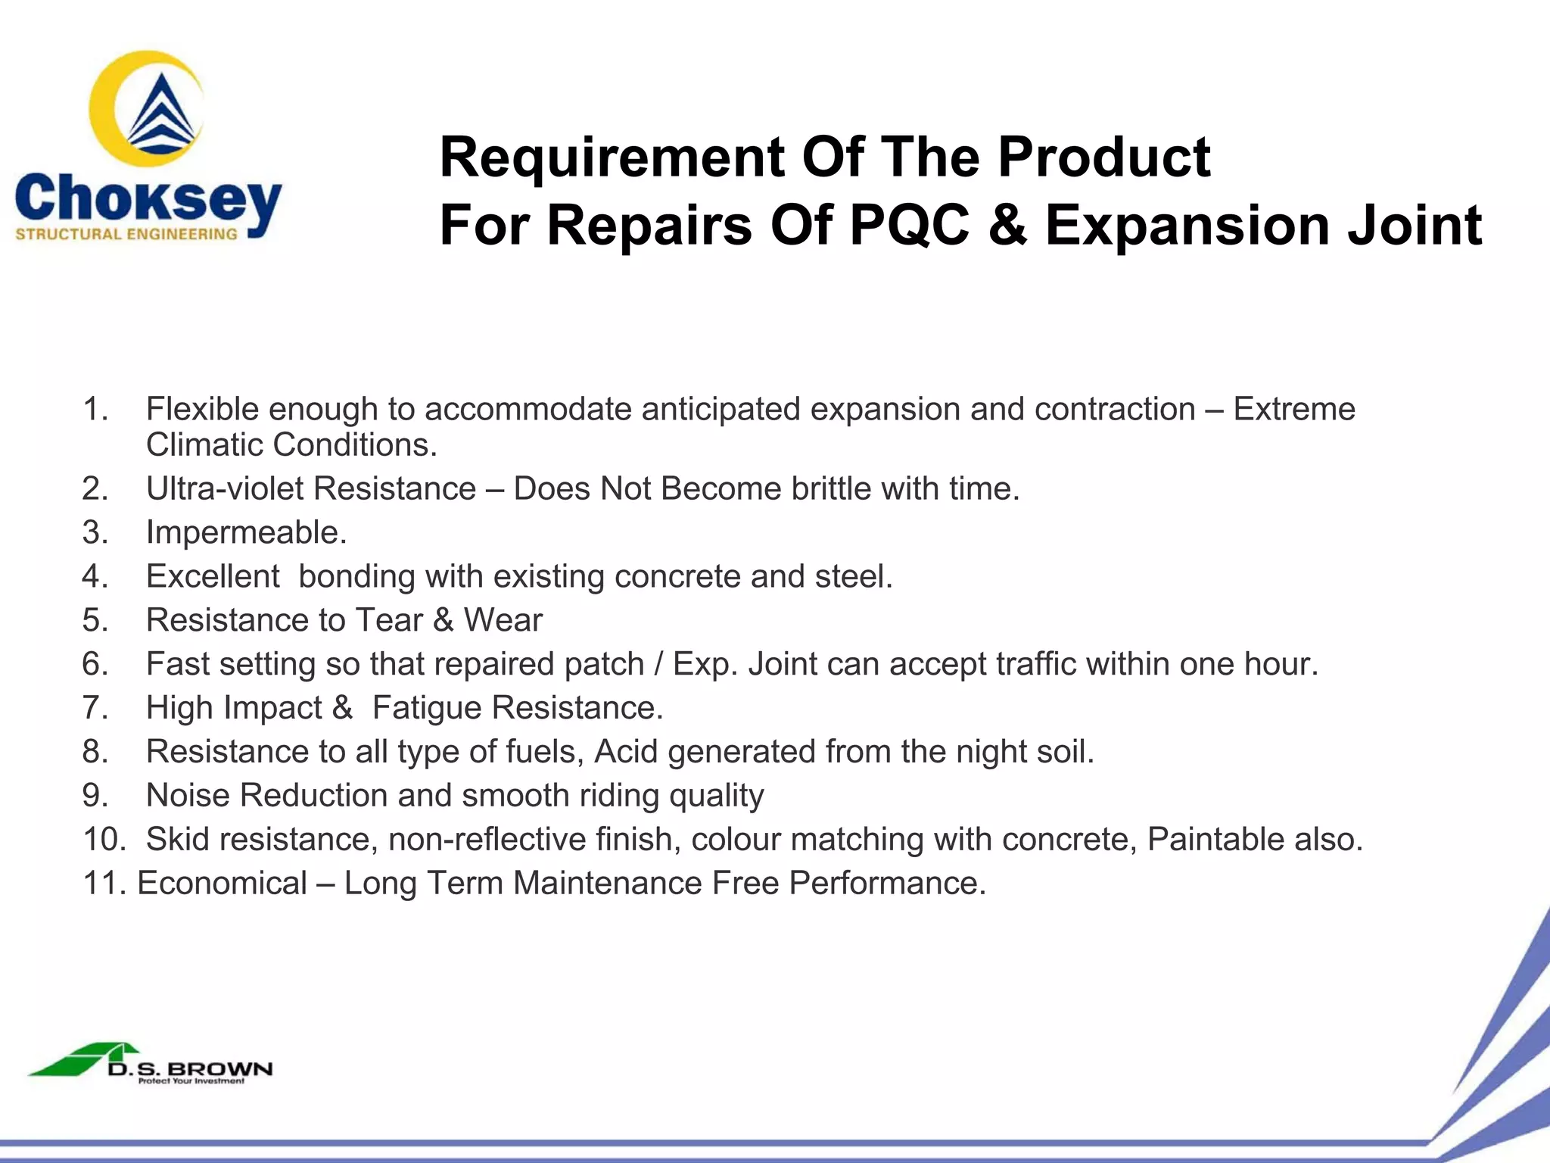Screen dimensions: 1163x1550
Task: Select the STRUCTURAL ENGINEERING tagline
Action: (x=126, y=235)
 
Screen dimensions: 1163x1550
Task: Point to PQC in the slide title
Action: (x=909, y=226)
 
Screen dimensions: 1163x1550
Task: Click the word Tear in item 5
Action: (x=389, y=620)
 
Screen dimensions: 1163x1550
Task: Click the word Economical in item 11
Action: (x=222, y=883)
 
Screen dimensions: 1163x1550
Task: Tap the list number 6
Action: (x=94, y=664)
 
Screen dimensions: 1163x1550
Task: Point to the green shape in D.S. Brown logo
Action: (x=72, y=1062)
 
